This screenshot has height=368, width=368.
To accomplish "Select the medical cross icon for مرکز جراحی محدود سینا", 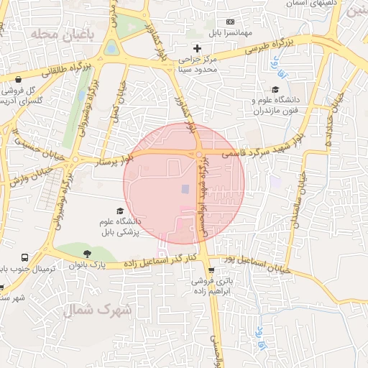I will tap(198, 48).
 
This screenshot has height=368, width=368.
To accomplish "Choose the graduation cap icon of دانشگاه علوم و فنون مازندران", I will tap(276, 88).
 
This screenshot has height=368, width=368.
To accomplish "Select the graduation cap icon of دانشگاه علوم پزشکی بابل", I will tap(121, 209).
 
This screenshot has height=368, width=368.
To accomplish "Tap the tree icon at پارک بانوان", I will tap(87, 253).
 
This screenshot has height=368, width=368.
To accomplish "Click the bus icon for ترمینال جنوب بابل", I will tap(25, 257).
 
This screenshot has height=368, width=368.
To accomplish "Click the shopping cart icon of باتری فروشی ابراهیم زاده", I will tap(211, 271).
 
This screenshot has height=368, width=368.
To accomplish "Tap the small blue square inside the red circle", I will tap(185, 189).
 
